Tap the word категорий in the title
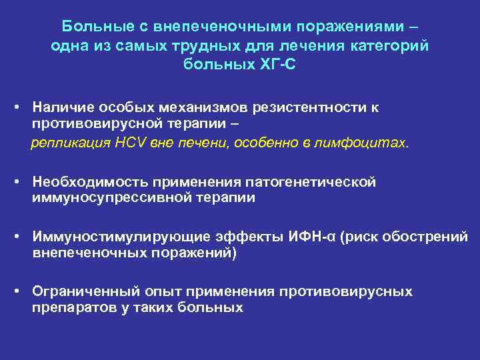coord(388,46)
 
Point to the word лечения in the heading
coord(313,46)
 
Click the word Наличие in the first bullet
coord(62,107)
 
